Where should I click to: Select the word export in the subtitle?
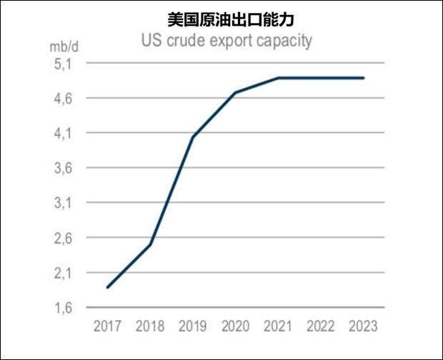[228, 41]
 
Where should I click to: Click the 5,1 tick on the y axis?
[64, 64]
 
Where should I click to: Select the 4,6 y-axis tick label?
[64, 99]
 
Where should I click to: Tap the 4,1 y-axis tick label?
[64, 134]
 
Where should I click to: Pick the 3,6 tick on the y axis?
[64, 169]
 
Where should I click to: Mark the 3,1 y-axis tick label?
[64, 204]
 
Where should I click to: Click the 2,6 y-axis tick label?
[64, 238]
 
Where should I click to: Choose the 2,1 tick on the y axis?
[64, 273]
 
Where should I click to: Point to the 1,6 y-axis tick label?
[64, 308]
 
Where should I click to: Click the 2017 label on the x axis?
[108, 326]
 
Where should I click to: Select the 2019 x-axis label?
[193, 326]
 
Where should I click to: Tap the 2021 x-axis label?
[279, 326]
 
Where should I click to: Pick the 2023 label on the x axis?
[364, 326]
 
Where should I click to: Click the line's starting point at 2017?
[108, 287]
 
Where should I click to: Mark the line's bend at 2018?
[150, 244]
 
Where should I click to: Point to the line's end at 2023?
[364, 78]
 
